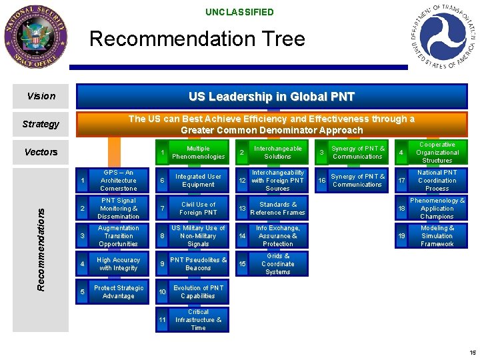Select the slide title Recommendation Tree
197,39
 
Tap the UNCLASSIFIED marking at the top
239,12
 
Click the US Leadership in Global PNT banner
271,97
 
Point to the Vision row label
41,96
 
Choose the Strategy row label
41,124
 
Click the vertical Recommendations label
41,248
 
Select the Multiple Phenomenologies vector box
198,153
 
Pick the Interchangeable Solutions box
277,153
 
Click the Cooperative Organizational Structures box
437,153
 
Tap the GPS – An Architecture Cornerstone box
118,181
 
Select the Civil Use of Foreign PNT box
198,209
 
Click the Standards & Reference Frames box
277,209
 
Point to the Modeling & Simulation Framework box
437,236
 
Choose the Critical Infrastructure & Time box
198,320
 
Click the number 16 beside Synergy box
321,181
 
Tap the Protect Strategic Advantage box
118,292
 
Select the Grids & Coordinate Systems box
277,264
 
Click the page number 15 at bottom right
472,353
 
